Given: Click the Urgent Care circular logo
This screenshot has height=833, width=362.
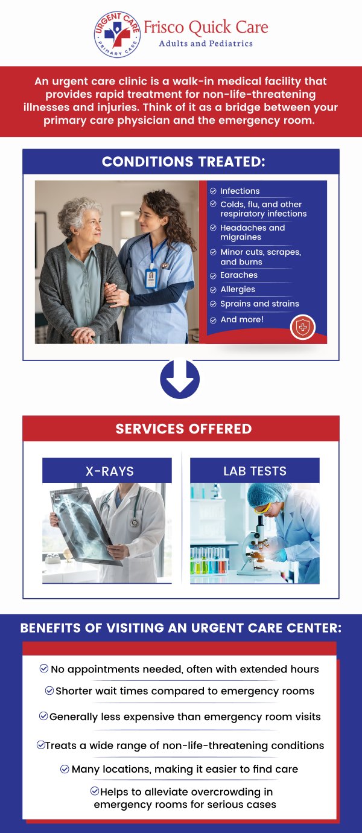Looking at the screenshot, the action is tap(117, 34).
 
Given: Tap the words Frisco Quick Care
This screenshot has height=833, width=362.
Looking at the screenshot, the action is tap(206, 28).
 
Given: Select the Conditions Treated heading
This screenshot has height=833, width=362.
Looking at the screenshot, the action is tap(183, 162).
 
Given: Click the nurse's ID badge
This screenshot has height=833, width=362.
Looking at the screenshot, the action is tap(151, 278).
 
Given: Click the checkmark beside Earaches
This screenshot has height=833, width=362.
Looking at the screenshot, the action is tap(213, 276).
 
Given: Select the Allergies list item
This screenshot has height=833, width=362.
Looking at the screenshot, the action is tap(238, 289).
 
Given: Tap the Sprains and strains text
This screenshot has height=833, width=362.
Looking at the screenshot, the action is tap(260, 304).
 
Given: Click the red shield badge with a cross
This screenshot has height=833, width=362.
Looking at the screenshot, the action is tap(302, 327).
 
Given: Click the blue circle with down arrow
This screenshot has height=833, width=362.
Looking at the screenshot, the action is tap(180, 379).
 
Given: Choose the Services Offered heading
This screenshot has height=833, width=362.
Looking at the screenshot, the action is tap(183, 429).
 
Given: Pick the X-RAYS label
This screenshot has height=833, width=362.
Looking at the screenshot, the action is tap(110, 471).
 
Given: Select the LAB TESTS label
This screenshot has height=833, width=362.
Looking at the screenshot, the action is tap(255, 471).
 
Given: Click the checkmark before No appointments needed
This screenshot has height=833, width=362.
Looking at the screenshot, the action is tap(43, 668).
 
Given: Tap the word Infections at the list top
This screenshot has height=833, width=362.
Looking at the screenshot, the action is tap(240, 191).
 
